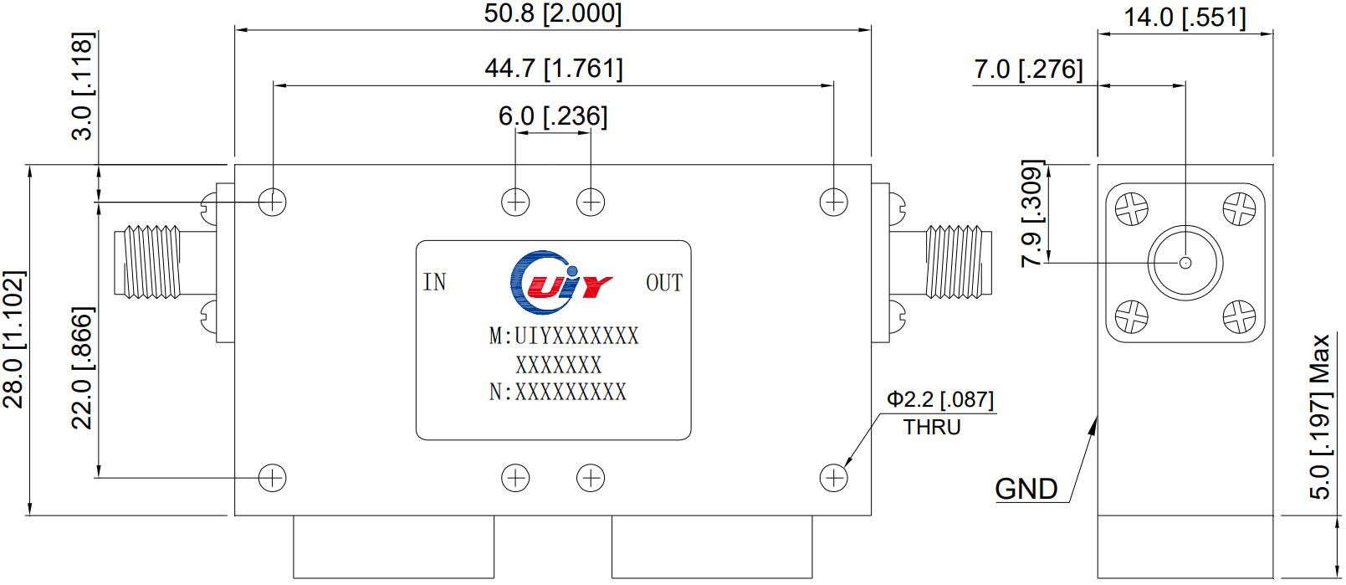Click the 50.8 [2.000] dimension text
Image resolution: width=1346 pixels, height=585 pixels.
[553, 13]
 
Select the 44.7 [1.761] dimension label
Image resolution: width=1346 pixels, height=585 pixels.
[553, 68]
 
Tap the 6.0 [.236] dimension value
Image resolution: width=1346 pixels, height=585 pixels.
[553, 116]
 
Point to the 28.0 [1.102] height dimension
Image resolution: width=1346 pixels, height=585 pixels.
[16, 339]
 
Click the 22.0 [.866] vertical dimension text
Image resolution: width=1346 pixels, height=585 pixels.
[81, 368]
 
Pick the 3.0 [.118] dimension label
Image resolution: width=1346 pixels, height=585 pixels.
[83, 86]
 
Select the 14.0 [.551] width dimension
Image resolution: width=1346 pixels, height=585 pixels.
[1185, 17]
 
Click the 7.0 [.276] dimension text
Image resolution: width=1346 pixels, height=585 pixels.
[1028, 69]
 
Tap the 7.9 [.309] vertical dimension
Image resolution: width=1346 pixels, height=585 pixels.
[1033, 213]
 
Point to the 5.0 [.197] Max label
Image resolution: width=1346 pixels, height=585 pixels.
[1320, 417]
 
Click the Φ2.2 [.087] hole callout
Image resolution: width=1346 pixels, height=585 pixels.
[940, 400]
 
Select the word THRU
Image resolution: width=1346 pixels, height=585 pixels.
[932, 428]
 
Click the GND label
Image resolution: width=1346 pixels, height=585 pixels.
[1026, 488]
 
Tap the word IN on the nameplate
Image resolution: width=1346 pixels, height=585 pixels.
[435, 283]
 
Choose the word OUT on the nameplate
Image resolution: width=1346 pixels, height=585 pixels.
[664, 283]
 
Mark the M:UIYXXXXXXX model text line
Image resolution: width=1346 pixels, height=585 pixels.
[564, 336]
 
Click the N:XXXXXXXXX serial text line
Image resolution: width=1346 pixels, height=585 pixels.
[558, 392]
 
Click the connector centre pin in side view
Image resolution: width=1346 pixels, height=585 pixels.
[1185, 263]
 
